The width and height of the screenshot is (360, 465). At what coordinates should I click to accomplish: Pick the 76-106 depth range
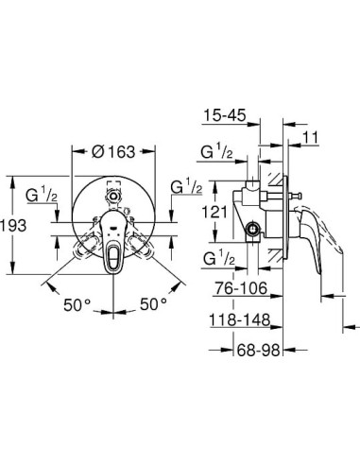coord(235,287)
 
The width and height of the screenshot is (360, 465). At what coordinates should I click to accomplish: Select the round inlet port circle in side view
coord(255,231)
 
